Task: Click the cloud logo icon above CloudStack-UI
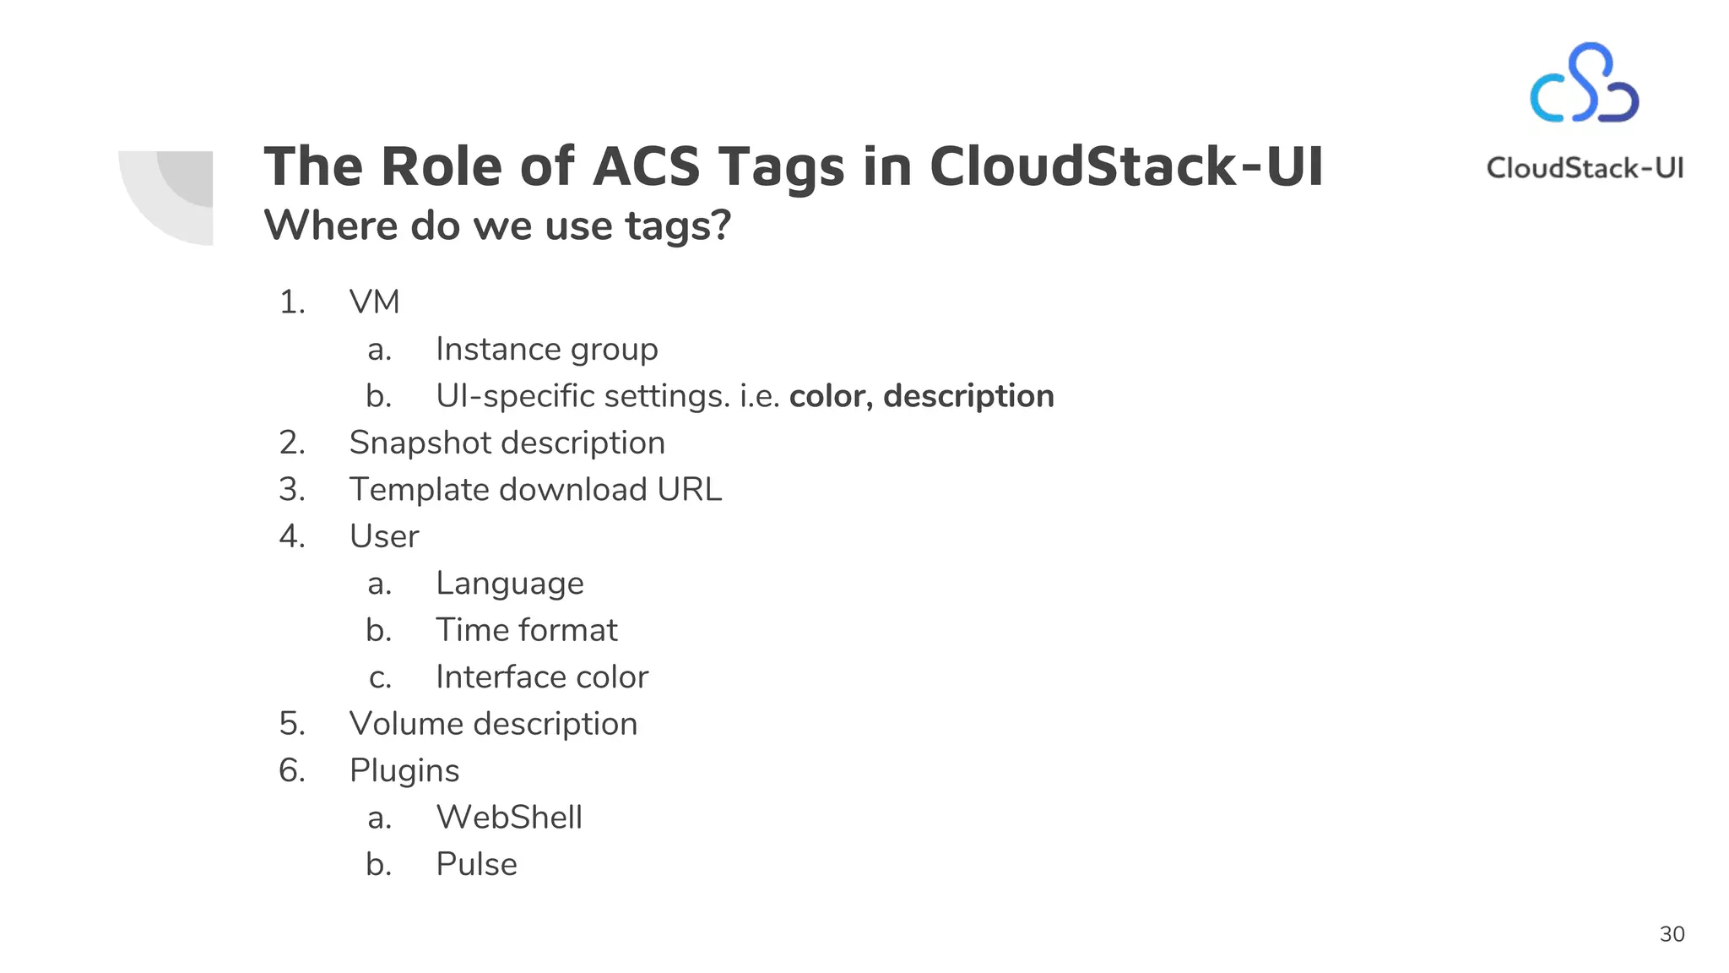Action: click(x=1584, y=84)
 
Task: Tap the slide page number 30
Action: click(x=1672, y=934)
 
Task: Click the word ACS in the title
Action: click(x=646, y=166)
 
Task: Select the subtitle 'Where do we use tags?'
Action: click(x=497, y=226)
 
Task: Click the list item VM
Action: click(x=374, y=302)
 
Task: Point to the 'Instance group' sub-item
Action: click(x=546, y=349)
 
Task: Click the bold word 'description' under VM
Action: click(x=968, y=396)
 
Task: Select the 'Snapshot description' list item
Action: click(x=507, y=443)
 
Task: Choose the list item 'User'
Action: click(x=384, y=536)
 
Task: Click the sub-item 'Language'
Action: click(x=509, y=584)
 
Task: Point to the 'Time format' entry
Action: click(x=526, y=630)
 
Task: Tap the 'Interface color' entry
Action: click(x=541, y=677)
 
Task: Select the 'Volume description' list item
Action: click(x=493, y=724)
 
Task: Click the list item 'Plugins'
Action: click(x=404, y=771)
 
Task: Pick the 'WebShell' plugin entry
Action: click(x=509, y=818)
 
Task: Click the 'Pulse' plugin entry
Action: click(x=476, y=864)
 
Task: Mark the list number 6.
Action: click(x=291, y=770)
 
